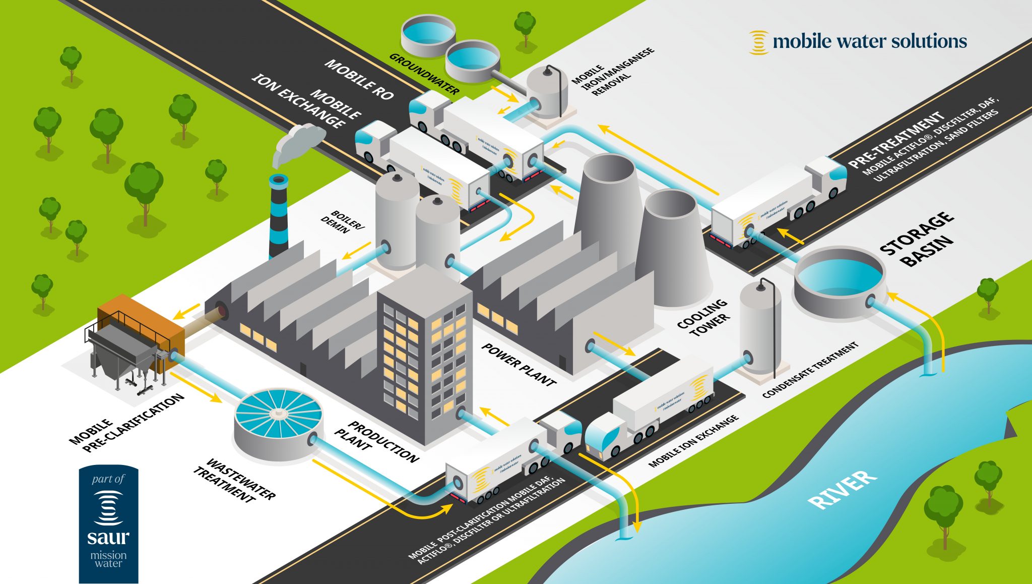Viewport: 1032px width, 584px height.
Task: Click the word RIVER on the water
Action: click(x=842, y=489)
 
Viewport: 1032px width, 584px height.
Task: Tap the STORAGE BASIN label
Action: click(x=917, y=239)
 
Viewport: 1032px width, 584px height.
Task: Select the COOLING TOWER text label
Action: click(x=703, y=317)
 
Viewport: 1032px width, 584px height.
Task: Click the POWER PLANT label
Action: click(x=519, y=364)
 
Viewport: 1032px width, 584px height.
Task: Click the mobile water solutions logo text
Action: click(x=869, y=41)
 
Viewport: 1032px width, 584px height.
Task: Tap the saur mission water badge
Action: click(x=108, y=524)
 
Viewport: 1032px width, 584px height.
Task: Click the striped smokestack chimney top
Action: click(x=279, y=180)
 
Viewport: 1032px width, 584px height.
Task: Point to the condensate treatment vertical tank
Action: click(x=760, y=328)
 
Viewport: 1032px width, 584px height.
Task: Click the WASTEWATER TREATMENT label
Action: click(x=235, y=481)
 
